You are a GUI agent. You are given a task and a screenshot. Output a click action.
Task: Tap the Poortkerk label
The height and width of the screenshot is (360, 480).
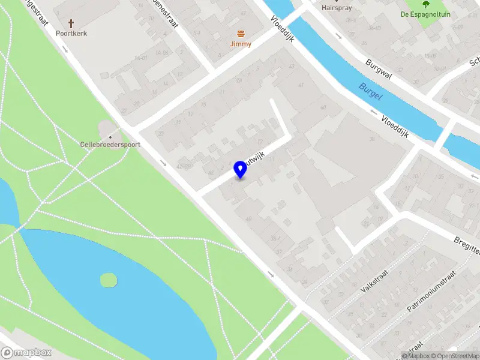71,34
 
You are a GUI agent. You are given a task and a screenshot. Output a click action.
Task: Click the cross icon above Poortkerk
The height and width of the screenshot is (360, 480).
71,24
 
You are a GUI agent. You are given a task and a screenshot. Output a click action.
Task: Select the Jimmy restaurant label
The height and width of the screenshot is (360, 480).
241,44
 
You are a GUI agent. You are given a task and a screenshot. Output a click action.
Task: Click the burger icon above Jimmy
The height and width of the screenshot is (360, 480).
241,33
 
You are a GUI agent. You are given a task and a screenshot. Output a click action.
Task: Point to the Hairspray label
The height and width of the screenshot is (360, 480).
336,8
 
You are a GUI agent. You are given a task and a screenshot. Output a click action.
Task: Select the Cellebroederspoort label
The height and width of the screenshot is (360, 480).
106,145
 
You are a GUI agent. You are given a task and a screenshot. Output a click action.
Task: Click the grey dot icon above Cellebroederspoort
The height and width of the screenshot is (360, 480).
106,134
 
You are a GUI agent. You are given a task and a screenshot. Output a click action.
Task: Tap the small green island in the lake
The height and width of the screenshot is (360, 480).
109,280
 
